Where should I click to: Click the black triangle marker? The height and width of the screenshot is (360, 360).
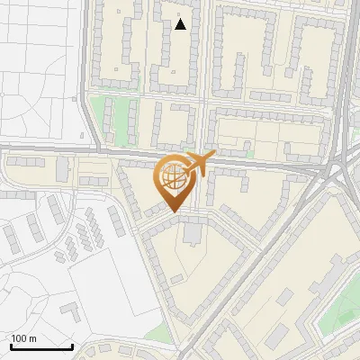181,24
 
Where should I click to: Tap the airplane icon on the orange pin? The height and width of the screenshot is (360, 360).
198,164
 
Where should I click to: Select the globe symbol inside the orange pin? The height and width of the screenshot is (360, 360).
173,179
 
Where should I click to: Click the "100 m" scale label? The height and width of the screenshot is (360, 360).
24,338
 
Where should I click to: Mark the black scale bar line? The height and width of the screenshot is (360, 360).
41,346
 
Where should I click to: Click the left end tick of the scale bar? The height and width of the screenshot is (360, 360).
11,346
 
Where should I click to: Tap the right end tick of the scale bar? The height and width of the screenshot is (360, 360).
72,346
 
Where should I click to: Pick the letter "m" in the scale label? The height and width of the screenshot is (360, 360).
32,338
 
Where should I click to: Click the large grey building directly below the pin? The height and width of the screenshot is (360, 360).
192,233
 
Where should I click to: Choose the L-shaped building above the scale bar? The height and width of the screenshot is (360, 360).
70,310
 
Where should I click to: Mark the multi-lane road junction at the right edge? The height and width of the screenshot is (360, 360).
342,166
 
